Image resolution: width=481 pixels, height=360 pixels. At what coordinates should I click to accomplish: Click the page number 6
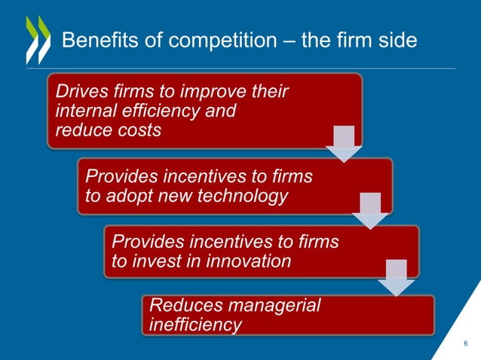pos(465,343)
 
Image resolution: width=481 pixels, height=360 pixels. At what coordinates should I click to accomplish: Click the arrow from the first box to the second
pos(344,144)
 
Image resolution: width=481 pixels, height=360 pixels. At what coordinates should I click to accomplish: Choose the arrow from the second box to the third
pos(370,210)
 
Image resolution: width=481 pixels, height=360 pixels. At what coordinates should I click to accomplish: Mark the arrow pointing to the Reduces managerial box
pos(396,276)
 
